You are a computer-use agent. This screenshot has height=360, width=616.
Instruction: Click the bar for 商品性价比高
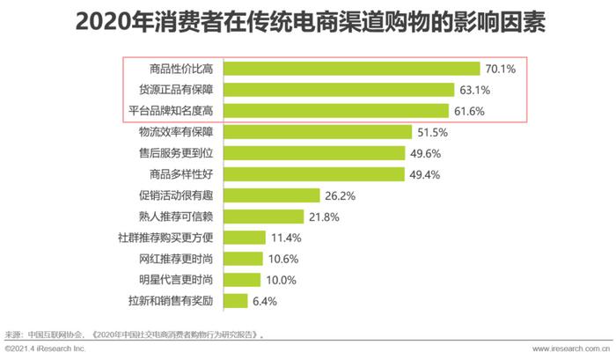point(352,69)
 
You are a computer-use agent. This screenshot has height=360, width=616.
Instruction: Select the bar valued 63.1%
point(339,90)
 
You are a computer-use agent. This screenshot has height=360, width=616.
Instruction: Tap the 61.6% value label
point(470,111)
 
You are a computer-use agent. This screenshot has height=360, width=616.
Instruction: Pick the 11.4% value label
point(286,238)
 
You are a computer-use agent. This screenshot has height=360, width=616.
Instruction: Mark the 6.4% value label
point(263,301)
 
